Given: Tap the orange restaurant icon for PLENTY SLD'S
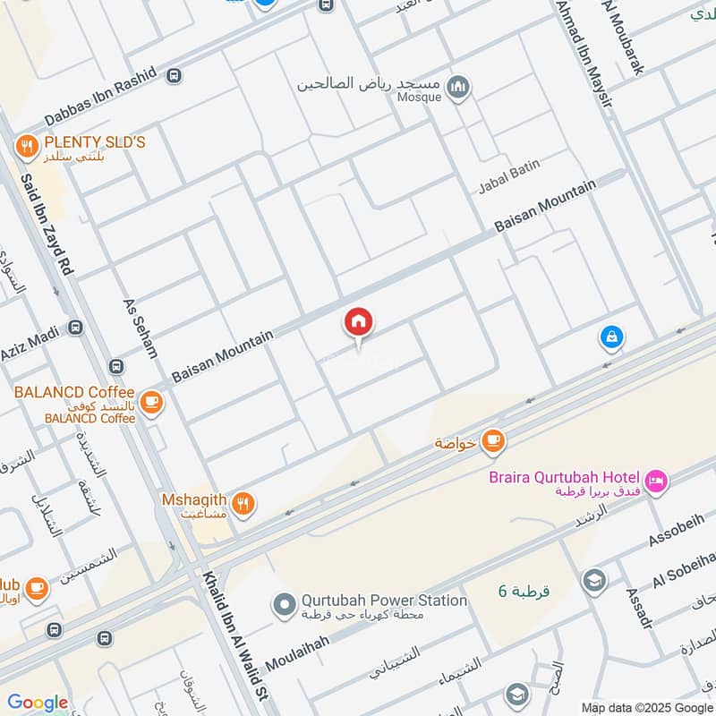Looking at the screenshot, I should pos(27,143).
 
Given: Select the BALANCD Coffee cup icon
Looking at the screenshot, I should pos(152,401).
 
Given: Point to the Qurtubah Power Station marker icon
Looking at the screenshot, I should pos(285,607).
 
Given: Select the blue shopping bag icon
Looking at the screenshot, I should pos(611,337).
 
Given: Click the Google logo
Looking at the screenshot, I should pos(38,703).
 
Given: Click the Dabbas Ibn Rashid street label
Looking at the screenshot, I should pos(88,98).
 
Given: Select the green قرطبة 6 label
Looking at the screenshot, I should pos(524,591).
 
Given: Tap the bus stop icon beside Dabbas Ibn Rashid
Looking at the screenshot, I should pos(173,77).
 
